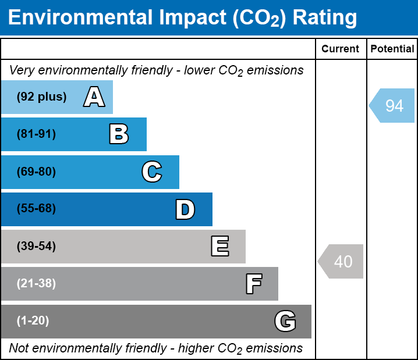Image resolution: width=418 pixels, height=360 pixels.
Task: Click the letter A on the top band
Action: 94,97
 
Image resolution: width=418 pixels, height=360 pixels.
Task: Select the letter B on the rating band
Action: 119,134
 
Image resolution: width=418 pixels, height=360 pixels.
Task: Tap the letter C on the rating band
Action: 151,172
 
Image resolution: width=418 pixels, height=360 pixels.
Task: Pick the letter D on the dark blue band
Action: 185,209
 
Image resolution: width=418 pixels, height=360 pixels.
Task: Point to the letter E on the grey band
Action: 219,247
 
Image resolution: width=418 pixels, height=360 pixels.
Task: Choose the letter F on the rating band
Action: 253,284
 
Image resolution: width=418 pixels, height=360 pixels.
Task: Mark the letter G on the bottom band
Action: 285,321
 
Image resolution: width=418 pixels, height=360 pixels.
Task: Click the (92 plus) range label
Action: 41,97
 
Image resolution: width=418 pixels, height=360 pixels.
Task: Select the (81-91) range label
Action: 36,134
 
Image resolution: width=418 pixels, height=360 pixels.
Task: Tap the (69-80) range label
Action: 36,172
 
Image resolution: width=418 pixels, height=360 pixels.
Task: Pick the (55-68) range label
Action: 36,209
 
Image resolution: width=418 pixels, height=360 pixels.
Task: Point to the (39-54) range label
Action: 36,247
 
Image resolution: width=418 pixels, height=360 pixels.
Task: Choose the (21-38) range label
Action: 36,284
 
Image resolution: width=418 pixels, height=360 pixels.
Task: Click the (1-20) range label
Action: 33,321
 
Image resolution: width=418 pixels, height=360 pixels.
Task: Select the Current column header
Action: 341,49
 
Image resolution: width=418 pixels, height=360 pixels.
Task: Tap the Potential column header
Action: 392,49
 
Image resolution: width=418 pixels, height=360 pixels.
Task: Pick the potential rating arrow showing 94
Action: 392,105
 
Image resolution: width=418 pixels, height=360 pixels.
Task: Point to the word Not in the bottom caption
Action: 19,348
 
